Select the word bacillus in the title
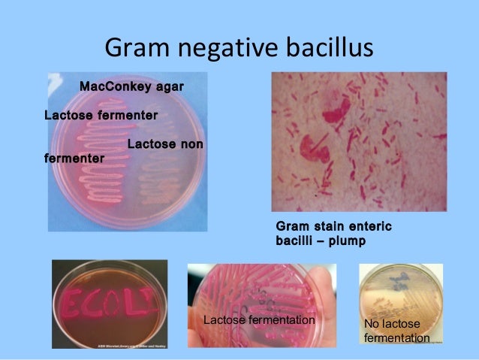[328, 49]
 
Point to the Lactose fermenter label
[101, 116]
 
